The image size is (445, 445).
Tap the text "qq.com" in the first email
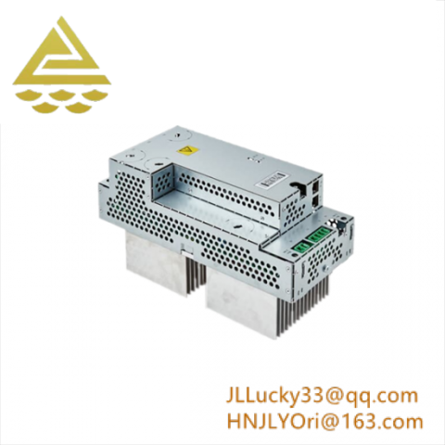coord(389,396)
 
